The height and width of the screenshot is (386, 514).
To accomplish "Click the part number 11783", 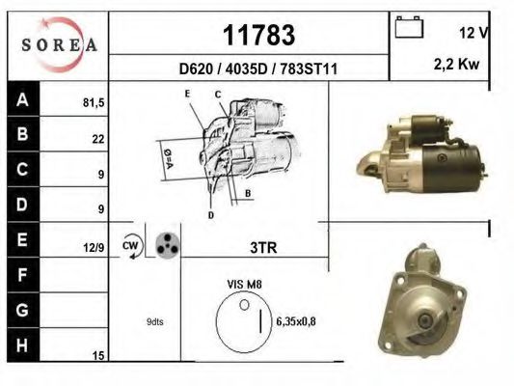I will coord(258,36).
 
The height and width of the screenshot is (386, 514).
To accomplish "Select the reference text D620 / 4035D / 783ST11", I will coord(258,69).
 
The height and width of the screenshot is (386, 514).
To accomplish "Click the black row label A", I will coord(20,98).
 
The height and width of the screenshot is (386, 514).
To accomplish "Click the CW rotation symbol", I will coord(130,245).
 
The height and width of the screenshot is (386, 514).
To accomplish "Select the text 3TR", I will coord(262,248).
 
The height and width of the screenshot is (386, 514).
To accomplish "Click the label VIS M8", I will coord(243,284).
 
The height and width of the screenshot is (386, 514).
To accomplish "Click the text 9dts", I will coord(154,321).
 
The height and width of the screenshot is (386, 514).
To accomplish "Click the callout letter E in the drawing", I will coord(188,94).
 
